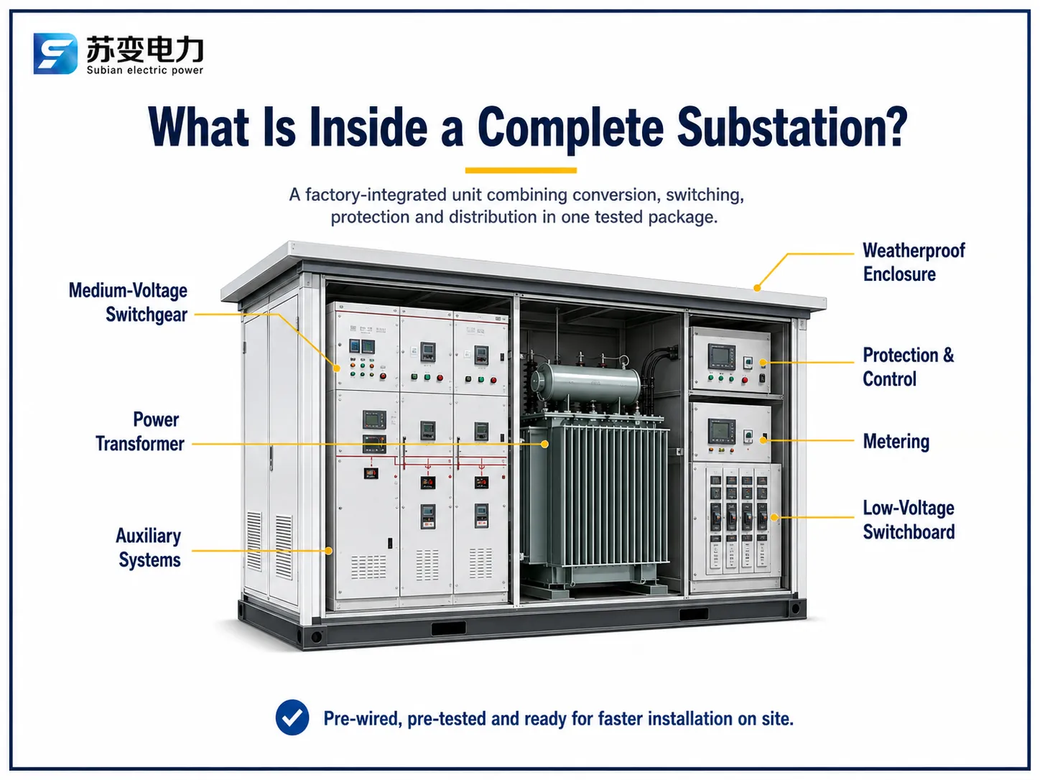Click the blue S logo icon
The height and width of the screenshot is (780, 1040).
click(55, 54)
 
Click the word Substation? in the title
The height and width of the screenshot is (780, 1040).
click(791, 127)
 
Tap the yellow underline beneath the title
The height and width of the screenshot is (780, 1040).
click(521, 170)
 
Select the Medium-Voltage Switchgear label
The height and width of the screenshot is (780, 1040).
click(128, 302)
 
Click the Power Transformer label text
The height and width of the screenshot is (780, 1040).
click(140, 432)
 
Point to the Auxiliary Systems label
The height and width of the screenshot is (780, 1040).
click(149, 547)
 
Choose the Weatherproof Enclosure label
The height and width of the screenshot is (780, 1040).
click(914, 262)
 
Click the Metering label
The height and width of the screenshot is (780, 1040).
click(896, 441)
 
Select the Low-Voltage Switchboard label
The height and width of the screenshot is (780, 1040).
click(909, 519)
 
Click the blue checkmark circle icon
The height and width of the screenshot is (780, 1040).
click(292, 717)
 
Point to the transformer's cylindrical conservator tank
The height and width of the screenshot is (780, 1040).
click(585, 383)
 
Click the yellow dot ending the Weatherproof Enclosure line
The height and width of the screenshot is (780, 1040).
click(757, 288)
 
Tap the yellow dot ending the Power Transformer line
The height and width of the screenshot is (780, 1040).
click(545, 444)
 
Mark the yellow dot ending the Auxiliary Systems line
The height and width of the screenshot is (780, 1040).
click(328, 551)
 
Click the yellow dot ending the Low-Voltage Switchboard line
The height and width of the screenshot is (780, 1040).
click(774, 517)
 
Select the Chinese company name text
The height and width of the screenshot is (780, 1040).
click(145, 49)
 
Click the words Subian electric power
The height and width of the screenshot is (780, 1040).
click(145, 70)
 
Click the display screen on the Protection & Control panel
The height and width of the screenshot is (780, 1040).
click(722, 357)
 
